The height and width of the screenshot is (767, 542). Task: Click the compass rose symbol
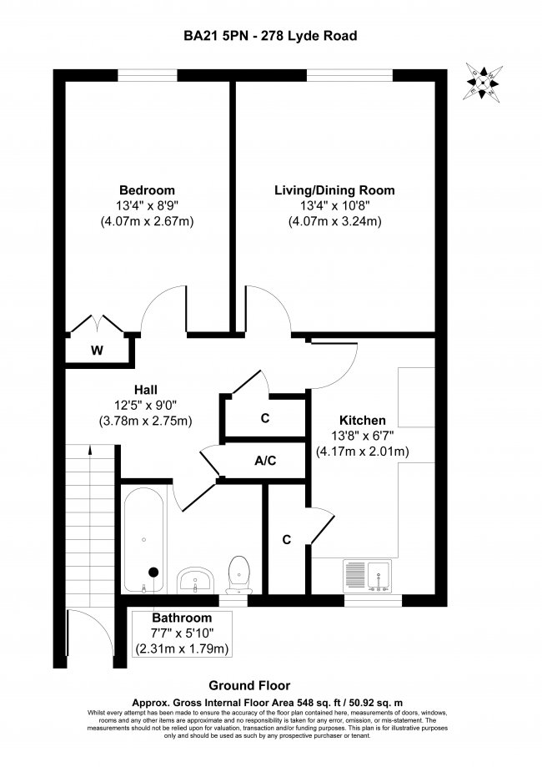[483, 82]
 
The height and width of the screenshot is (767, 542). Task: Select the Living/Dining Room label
[334, 190]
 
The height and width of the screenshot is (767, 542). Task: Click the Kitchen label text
[362, 420]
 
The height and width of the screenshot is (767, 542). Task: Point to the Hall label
[146, 389]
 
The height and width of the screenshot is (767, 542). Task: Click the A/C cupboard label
[264, 460]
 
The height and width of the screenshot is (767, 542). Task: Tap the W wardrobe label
[97, 351]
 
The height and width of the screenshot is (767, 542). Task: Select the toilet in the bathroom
[238, 573]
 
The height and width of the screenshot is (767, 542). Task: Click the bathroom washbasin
[197, 578]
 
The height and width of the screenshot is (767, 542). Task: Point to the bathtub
[145, 538]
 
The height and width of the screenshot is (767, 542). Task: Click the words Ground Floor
[269, 679]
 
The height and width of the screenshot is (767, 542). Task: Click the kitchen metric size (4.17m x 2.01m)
[362, 452]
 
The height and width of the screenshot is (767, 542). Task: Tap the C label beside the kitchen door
[286, 540]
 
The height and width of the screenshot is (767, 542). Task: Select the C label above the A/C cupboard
[264, 419]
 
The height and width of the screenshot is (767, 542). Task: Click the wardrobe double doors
[98, 325]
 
